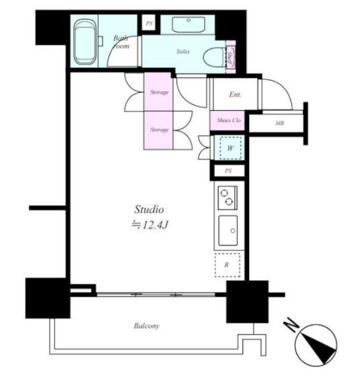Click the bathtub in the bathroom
click(85, 42)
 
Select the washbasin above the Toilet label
click(188, 24)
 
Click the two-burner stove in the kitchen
click(228, 197)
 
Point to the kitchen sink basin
click(228, 230)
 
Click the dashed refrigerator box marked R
click(228, 265)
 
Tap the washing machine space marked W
click(230, 148)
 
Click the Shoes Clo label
click(229, 120)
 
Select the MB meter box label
click(279, 123)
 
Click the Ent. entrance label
click(235, 94)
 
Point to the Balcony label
click(146, 326)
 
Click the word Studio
click(149, 209)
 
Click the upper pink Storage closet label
click(159, 93)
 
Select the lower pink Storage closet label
click(159, 130)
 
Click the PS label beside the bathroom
click(149, 23)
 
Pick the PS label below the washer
click(228, 171)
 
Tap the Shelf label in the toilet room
click(230, 59)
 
